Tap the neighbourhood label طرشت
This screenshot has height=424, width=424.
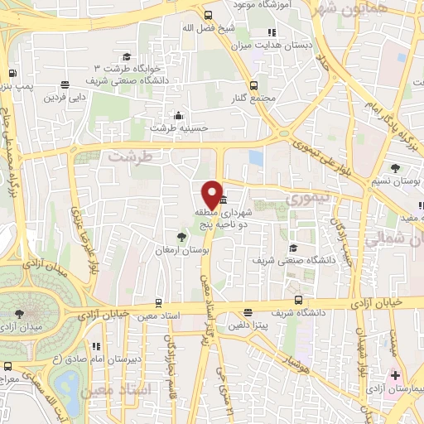coord(131,157)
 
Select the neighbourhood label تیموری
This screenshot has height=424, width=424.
coord(306,200)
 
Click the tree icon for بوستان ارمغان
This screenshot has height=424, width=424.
coord(171,238)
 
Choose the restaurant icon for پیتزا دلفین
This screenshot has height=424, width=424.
coord(248,312)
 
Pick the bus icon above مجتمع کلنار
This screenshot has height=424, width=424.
coord(253,85)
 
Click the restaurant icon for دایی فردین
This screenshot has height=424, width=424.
coord(65,84)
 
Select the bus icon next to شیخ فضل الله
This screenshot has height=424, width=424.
coord(208,15)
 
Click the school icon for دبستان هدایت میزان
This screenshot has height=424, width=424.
coord(273,33)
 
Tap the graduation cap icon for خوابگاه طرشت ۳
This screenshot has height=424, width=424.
coord(127,56)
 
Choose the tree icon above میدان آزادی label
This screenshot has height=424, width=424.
coord(20,313)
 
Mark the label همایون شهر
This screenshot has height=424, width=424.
coord(340,10)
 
